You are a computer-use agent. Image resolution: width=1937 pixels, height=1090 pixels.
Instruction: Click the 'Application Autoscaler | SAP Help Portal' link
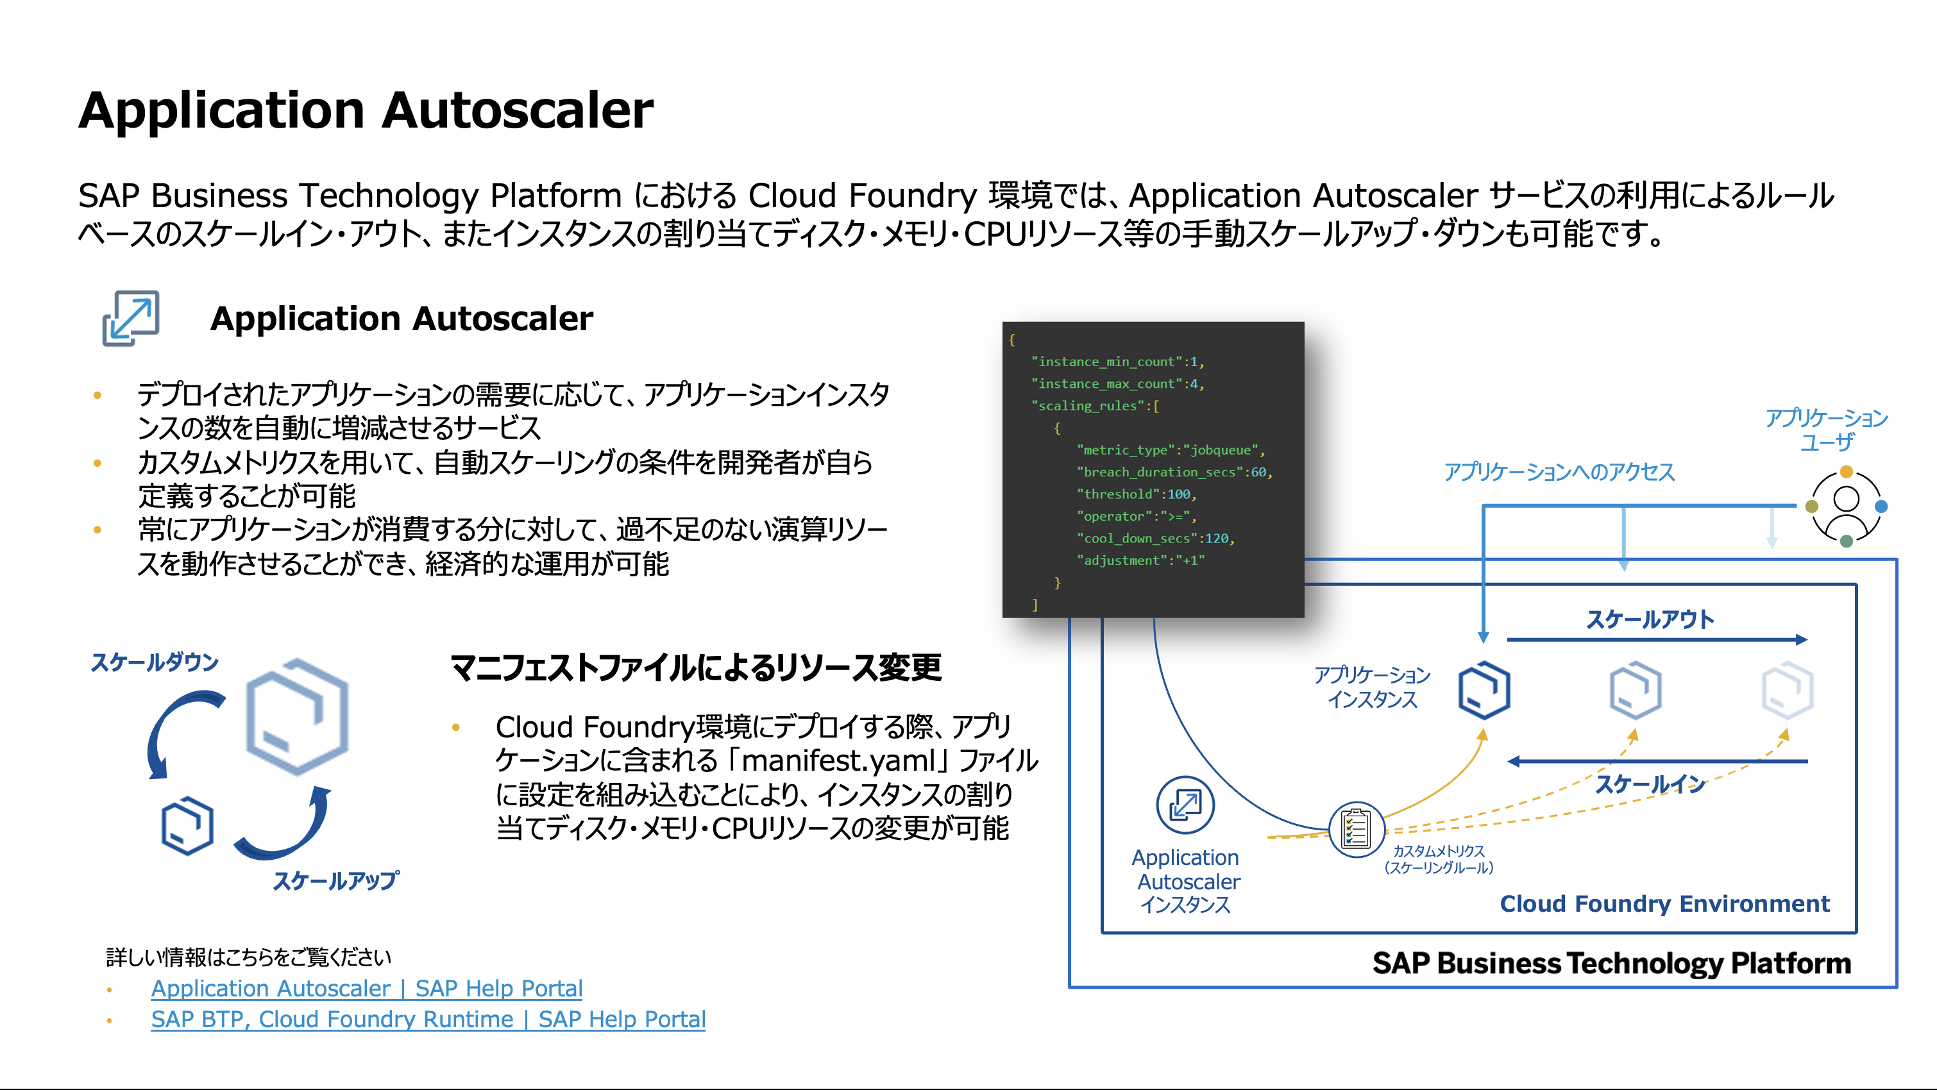pos(366,988)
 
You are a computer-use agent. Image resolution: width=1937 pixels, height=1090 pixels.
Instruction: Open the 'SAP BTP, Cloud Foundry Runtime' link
pos(428,1019)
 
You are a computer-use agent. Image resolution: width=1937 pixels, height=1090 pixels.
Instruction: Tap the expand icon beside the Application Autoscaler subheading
pos(131,318)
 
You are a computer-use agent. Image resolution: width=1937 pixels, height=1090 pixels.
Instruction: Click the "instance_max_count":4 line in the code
pos(1117,383)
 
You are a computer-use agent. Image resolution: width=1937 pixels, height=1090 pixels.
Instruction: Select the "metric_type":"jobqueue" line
pos(1170,449)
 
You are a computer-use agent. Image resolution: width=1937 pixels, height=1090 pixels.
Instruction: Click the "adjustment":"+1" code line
pos(1140,560)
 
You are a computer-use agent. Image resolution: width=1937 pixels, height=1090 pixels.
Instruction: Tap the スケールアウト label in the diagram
pos(1650,619)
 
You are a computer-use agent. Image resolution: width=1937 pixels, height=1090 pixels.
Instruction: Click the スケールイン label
pos(1650,784)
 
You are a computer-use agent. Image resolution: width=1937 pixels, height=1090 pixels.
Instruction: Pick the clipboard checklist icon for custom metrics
pos(1356,829)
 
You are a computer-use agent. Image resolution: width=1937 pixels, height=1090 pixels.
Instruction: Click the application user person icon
pos(1846,506)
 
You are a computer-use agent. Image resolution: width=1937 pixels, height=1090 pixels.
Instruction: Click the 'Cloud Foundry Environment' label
pos(1664,903)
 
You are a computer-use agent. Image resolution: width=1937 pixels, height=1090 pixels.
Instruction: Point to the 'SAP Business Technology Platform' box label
pos(1611,963)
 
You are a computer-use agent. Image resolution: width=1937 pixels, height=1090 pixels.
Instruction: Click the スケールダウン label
pos(154,662)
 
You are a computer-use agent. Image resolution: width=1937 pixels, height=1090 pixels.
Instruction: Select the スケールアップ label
pos(335,880)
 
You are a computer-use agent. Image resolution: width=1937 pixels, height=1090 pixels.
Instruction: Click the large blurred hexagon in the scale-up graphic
pos(298,716)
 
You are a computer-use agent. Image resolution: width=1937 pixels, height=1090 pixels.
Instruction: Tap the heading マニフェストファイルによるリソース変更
pos(695,667)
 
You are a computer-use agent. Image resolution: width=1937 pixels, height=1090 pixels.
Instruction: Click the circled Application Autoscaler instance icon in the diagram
pos(1185,805)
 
